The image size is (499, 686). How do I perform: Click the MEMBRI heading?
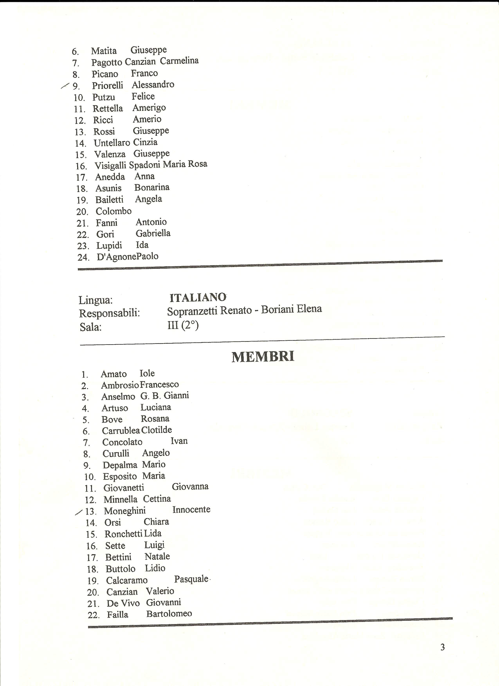pyautogui.click(x=263, y=357)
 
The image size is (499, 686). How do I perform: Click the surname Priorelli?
pyautogui.click(x=107, y=86)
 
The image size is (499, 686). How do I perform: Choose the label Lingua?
pyautogui.click(x=95, y=300)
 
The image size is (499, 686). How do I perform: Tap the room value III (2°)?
pyautogui.click(x=183, y=326)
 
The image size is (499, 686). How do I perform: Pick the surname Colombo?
pyautogui.click(x=113, y=211)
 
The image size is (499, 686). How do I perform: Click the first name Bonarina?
pyautogui.click(x=152, y=187)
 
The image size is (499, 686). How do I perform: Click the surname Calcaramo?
pyautogui.click(x=127, y=580)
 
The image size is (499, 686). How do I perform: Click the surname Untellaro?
pyautogui.click(x=112, y=143)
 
